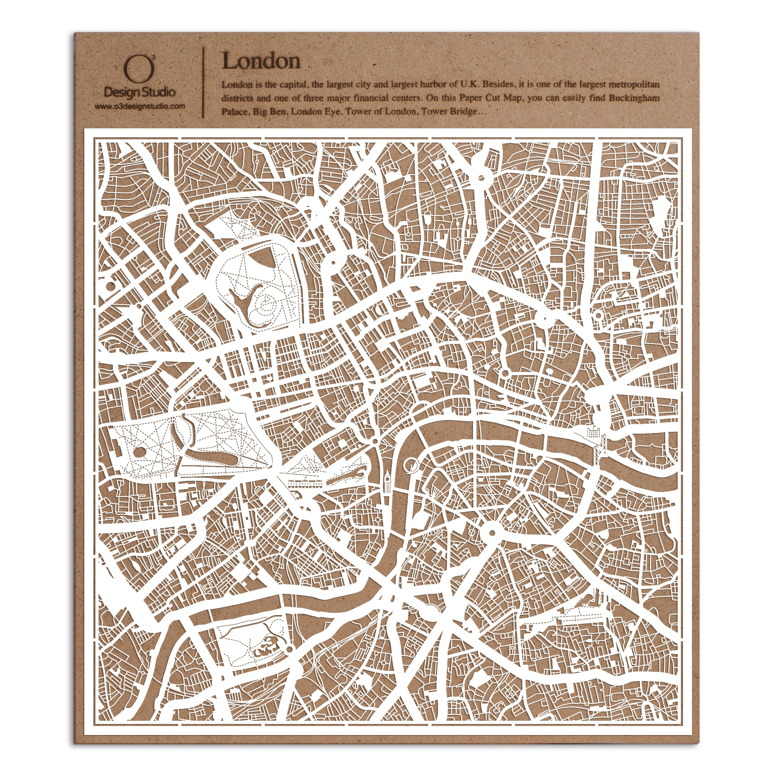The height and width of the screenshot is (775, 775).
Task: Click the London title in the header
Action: [261, 61]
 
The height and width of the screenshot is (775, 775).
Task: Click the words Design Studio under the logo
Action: [139, 92]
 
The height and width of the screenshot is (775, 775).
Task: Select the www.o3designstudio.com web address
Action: [139, 107]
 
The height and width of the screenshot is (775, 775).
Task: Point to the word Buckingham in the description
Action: [634, 98]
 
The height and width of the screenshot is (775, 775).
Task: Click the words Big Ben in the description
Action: [269, 112]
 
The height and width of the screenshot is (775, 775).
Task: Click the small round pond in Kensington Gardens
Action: [139, 453]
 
